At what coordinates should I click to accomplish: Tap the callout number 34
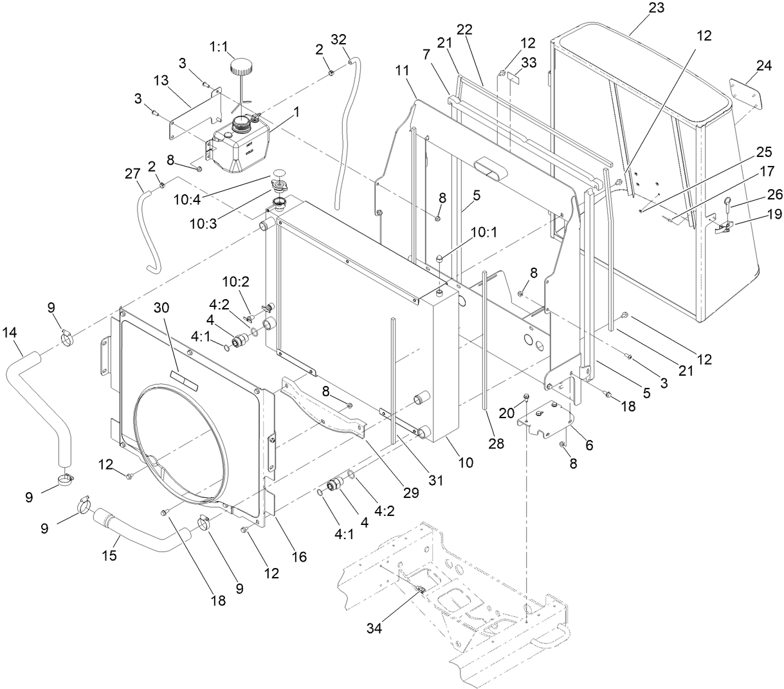click(374, 629)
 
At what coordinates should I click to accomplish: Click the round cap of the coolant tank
click(242, 66)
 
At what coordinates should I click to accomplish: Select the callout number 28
click(495, 444)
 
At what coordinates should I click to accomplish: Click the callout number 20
click(507, 413)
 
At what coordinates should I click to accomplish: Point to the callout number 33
click(529, 62)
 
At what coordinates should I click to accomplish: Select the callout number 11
click(403, 70)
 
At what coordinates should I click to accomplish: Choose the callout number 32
click(338, 39)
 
